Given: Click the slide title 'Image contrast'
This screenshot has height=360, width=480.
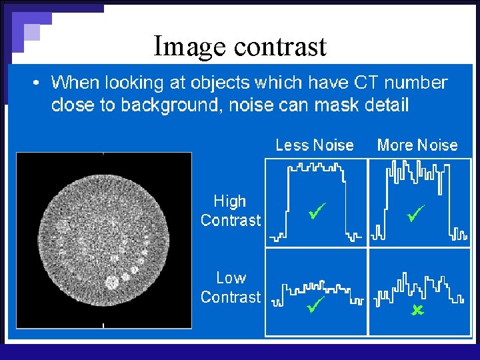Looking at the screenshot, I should click(x=240, y=47).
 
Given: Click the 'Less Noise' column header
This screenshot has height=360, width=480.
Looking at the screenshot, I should click(x=315, y=145).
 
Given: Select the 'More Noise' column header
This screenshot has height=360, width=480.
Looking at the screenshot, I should click(x=417, y=145).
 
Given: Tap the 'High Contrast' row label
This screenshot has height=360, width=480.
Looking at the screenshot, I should click(x=231, y=211).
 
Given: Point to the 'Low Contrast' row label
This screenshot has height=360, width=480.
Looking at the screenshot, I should click(x=231, y=287).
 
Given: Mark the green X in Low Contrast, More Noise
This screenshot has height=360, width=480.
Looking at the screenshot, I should click(x=417, y=310).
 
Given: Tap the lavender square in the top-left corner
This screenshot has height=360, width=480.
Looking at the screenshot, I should click(x=31, y=32).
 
